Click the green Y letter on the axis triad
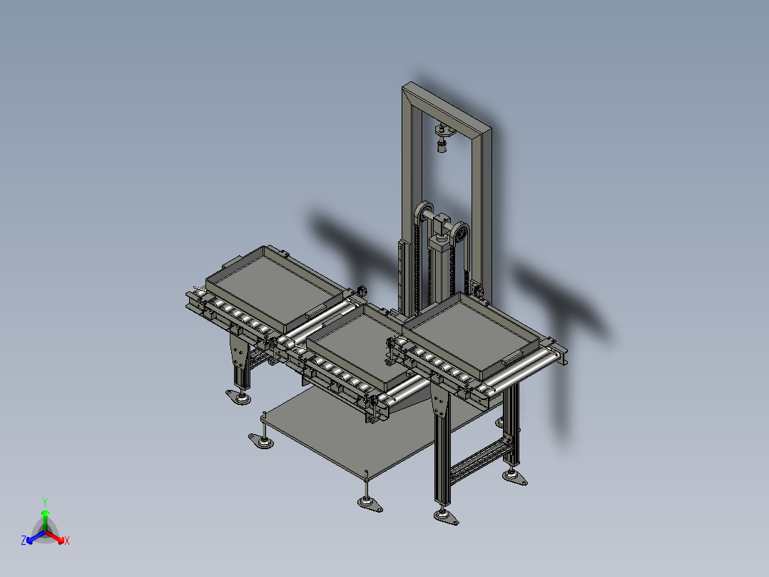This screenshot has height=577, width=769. click(44, 502)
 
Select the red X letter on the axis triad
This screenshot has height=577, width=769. click(66, 541)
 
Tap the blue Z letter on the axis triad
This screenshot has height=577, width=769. click(23, 541)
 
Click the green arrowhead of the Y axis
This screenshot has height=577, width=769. click(44, 513)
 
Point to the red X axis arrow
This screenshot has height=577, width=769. click(56, 536)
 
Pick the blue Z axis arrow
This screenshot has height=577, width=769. click(33, 536)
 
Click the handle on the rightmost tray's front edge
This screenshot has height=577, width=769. click(514, 356)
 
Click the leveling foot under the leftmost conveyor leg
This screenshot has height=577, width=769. click(239, 396)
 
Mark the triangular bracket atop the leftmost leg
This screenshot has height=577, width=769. click(235, 350)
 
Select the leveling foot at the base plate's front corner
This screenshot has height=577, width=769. click(369, 503)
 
